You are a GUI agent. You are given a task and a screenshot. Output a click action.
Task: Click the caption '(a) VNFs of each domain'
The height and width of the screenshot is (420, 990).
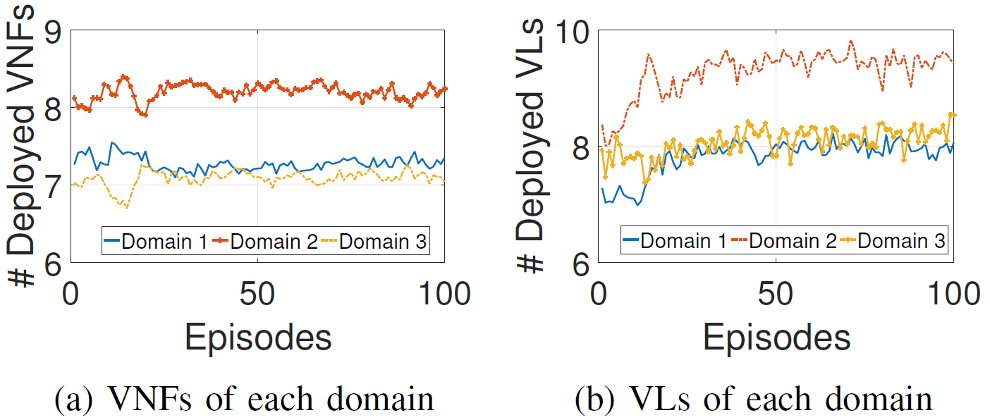click(x=245, y=400)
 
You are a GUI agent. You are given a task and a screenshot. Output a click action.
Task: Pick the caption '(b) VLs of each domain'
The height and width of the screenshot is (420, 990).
click(x=753, y=400)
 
